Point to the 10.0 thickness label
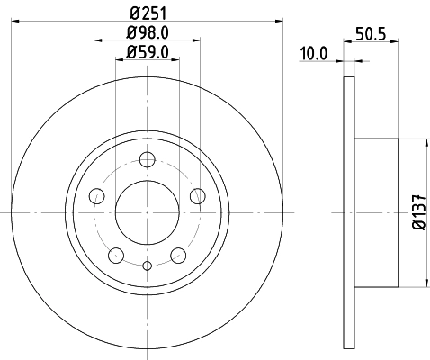pyautogui.click(x=313, y=54)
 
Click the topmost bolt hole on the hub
pyautogui.click(x=148, y=159)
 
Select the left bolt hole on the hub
pyautogui.click(x=97, y=196)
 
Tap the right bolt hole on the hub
pyautogui.click(x=198, y=196)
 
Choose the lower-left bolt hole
pyautogui.click(x=116, y=255)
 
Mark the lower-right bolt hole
pyautogui.click(x=179, y=255)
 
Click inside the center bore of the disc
pyautogui.click(x=148, y=212)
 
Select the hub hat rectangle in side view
pyautogui.click(x=376, y=212)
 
